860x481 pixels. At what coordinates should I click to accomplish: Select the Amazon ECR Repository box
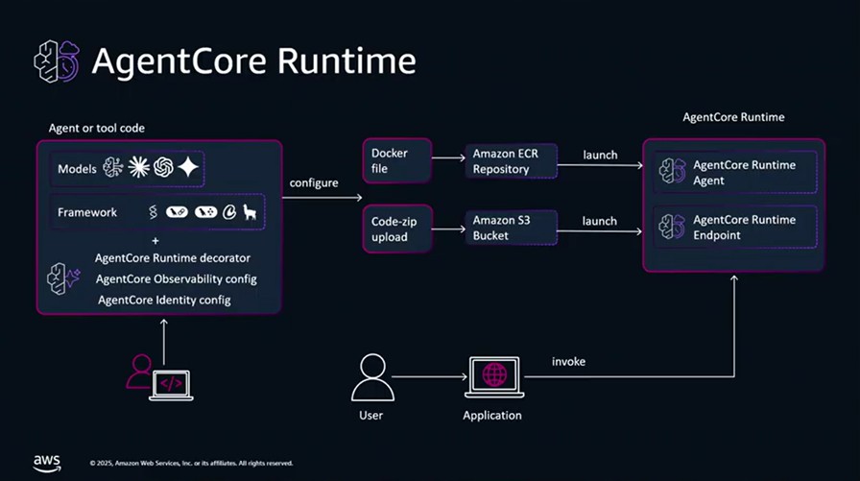pyautogui.click(x=510, y=162)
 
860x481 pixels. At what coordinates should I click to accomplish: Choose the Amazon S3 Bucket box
pyautogui.click(x=510, y=228)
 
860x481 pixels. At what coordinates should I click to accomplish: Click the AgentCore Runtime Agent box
pyautogui.click(x=734, y=173)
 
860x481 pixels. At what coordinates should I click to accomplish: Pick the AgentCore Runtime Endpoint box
pyautogui.click(x=734, y=228)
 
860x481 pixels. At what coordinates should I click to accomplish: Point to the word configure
pyautogui.click(x=314, y=182)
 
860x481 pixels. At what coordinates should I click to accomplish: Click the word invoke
pyautogui.click(x=568, y=362)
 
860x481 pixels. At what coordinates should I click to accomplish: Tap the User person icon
pyautogui.click(x=371, y=377)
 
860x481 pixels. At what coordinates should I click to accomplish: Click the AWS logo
pyautogui.click(x=47, y=462)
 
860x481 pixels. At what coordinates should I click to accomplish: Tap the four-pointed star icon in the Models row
pyautogui.click(x=188, y=168)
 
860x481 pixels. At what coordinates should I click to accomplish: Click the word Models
pyautogui.click(x=77, y=169)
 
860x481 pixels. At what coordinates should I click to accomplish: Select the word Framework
pyautogui.click(x=87, y=212)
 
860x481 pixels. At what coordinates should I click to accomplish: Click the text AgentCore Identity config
pyautogui.click(x=164, y=301)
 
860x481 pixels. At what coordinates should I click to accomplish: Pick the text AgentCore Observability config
pyautogui.click(x=176, y=279)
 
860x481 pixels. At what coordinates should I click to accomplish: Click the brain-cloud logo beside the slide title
pyautogui.click(x=57, y=61)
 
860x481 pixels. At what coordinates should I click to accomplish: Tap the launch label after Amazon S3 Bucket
pyautogui.click(x=600, y=222)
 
